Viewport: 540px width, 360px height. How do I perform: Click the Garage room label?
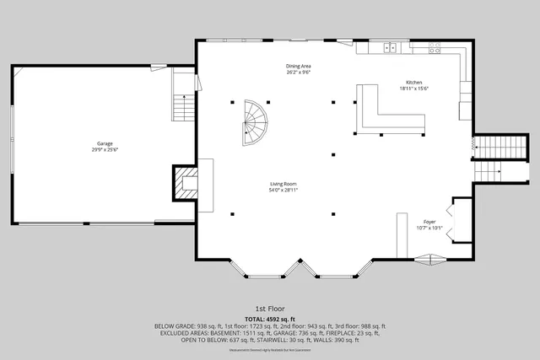(x=104, y=143)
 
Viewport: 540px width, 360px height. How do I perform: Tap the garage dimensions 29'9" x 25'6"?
(x=104, y=150)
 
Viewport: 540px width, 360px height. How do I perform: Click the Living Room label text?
(x=283, y=184)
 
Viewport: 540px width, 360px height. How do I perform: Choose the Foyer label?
(x=429, y=221)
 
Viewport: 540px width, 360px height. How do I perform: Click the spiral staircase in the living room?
(x=254, y=122)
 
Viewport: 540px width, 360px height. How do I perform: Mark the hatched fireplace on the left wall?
(x=184, y=183)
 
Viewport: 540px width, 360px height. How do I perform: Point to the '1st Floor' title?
(x=269, y=309)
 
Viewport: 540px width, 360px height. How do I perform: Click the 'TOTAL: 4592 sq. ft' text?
(x=269, y=319)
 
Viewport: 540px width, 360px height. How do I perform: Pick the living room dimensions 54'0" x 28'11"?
(x=283, y=191)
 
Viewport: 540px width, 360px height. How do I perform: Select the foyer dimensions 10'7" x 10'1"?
(x=429, y=228)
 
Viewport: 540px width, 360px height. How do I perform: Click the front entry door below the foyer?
(x=430, y=261)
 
